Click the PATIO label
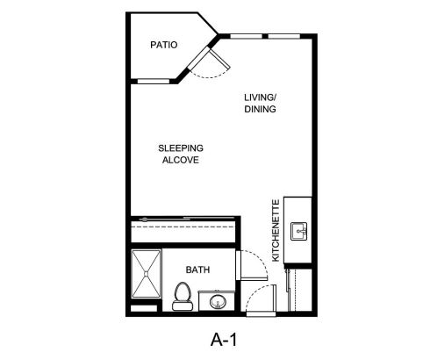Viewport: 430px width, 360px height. point(164,45)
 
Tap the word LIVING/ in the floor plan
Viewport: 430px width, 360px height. point(261,97)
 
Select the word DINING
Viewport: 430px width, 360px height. point(260,109)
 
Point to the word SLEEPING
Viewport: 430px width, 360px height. point(181,148)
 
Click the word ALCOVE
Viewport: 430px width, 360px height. point(181,160)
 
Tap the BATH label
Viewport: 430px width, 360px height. point(197,270)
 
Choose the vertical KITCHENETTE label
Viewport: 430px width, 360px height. point(276,230)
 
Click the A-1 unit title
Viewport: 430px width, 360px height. point(224,340)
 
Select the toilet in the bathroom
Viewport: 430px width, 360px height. point(183,296)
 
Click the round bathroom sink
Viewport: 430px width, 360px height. point(218,301)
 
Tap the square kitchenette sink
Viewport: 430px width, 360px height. point(298,231)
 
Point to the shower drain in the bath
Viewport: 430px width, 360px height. point(146,274)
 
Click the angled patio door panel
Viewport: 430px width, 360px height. point(219,60)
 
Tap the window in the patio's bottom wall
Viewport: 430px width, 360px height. point(154,81)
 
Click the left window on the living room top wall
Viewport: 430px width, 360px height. point(246,36)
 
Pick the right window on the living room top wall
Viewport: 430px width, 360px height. point(284,36)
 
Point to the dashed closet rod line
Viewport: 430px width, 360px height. point(183,227)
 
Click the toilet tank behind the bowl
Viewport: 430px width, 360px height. point(183,306)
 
